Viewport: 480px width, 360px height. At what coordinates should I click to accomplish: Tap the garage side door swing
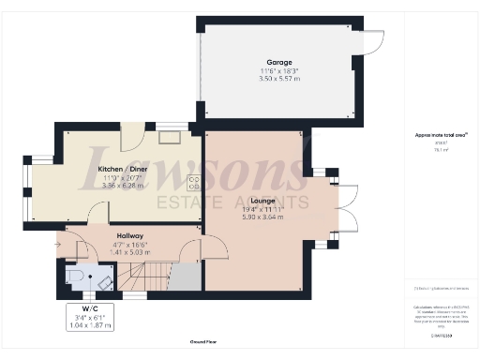point(373,42)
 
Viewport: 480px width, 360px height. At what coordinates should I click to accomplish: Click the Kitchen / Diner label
point(124,169)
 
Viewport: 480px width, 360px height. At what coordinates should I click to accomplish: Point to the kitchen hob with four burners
point(195,182)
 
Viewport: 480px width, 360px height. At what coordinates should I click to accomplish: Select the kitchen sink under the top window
point(171,137)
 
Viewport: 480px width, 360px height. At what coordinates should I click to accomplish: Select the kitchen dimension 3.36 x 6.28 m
point(124,186)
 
